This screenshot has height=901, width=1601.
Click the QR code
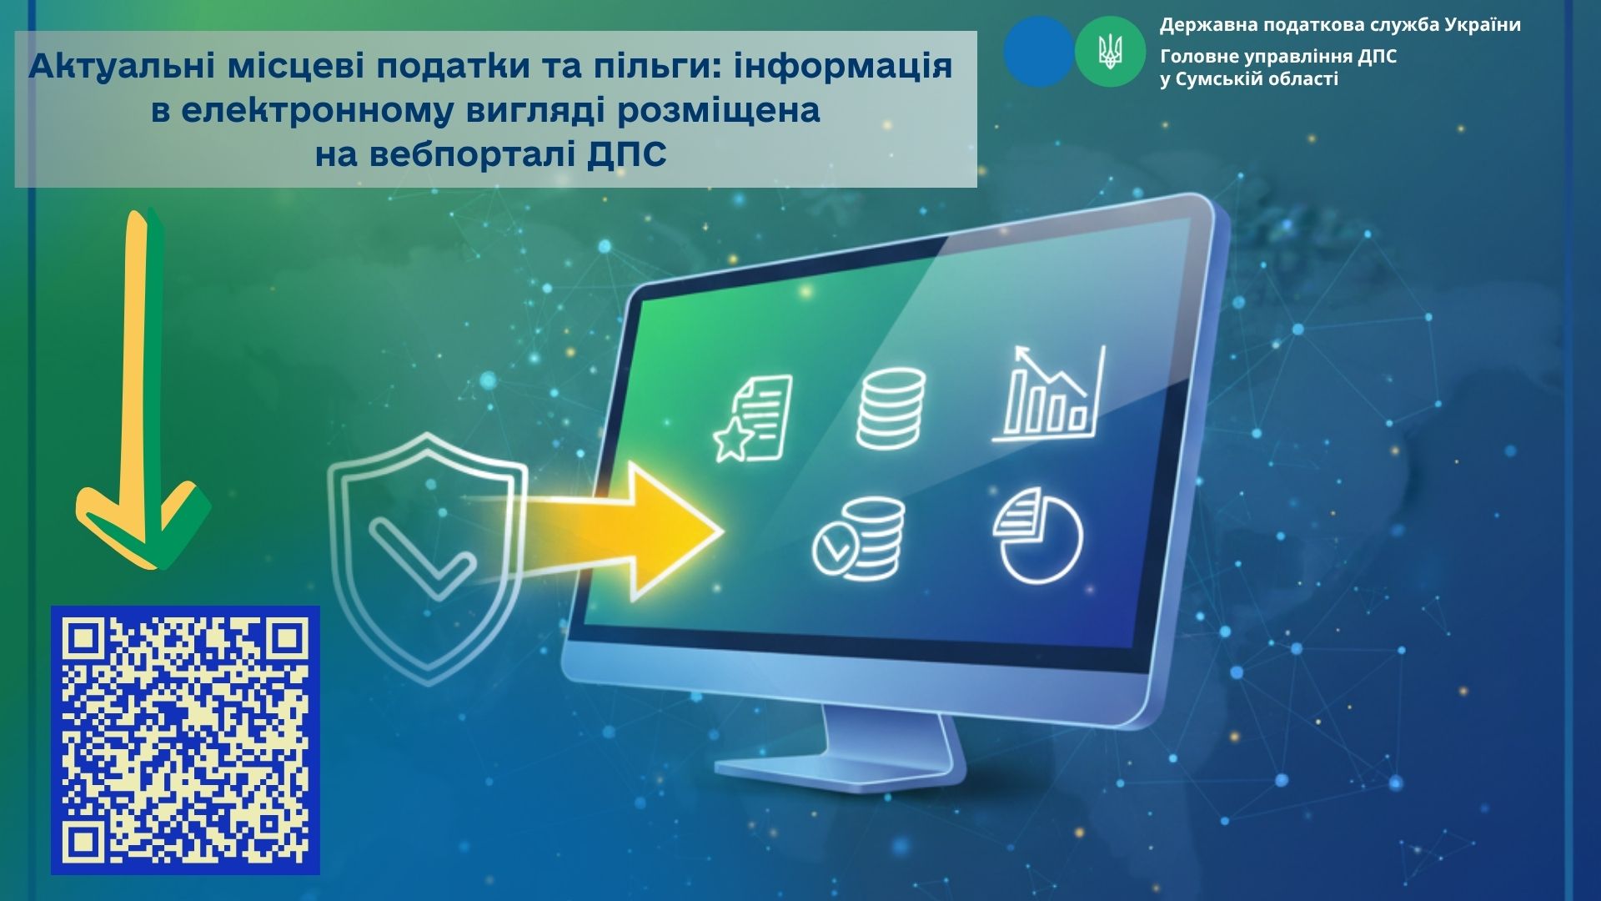pyautogui.click(x=185, y=740)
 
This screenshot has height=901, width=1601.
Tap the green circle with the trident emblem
pyautogui.click(x=1110, y=52)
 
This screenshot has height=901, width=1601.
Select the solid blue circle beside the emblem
pyautogui.click(x=1039, y=52)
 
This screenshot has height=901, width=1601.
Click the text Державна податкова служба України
pyautogui.click(x=1340, y=25)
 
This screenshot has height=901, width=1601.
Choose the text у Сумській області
pyautogui.click(x=1249, y=79)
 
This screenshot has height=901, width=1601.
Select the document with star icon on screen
pyautogui.click(x=754, y=418)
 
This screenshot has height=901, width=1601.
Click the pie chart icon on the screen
pyautogui.click(x=1038, y=535)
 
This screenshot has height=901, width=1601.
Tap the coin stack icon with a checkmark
pyautogui.click(x=859, y=538)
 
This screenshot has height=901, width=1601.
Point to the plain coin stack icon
pyautogui.click(x=891, y=409)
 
